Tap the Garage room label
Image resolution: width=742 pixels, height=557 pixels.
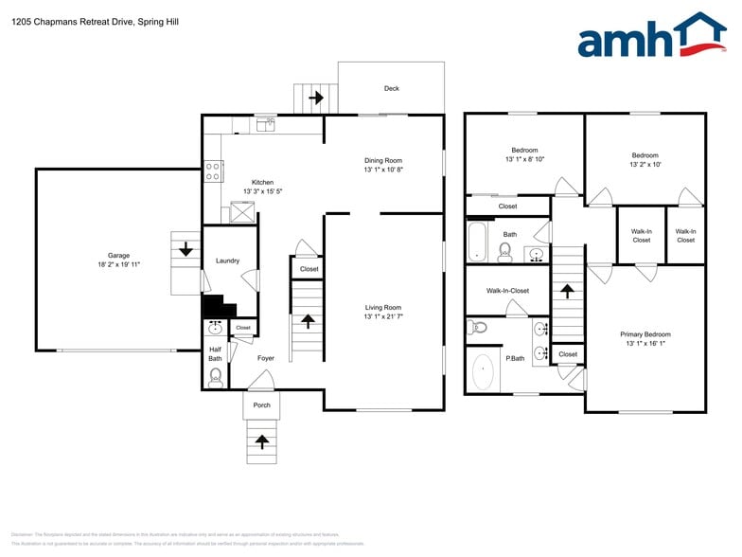coord(118,255)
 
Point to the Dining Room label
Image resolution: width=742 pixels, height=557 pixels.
coord(383,160)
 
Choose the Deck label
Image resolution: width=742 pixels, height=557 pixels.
coord(391,88)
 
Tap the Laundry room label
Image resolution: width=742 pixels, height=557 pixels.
coord(227,261)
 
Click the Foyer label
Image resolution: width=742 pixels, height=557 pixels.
coord(266,358)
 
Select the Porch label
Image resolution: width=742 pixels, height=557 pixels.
coord(262,405)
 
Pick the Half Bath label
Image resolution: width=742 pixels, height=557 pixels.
coord(216,353)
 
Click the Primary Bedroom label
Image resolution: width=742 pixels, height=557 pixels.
coord(645,334)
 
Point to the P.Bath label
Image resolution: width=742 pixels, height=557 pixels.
coord(515,358)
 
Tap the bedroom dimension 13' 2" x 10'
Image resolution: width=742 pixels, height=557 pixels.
coord(645,164)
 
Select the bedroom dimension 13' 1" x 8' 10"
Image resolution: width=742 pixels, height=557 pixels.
coord(524,159)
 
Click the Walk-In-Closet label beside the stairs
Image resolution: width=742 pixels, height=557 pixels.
coord(507,291)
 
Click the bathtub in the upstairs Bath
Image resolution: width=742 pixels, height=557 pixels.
coord(477,242)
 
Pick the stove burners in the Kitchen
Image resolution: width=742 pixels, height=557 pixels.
coord(215,171)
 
